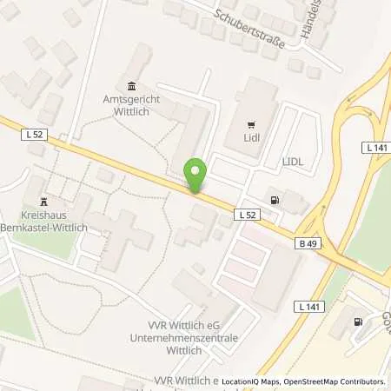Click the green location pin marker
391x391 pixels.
[x=196, y=176]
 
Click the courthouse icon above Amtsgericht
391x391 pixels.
[x=131, y=86]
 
